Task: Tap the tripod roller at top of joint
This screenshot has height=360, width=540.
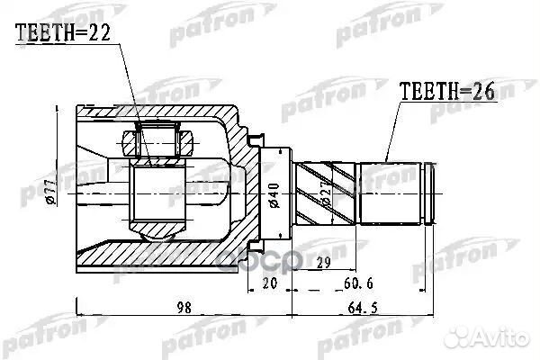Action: [x=157, y=141]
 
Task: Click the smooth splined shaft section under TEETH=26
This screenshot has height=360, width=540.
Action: [x=390, y=193]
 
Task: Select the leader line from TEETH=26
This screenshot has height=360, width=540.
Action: [x=391, y=130]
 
